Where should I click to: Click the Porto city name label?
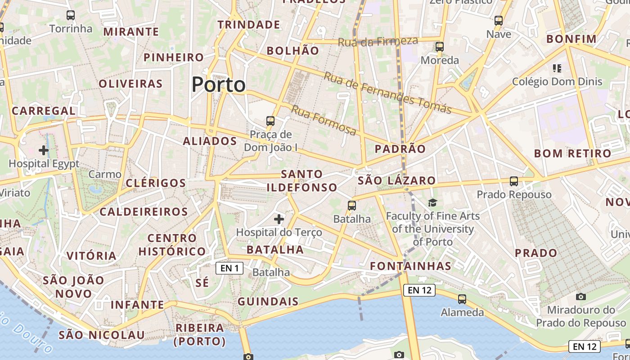coord(219,85)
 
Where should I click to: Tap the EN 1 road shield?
coord(229,269)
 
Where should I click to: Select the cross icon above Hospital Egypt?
coord(44,150)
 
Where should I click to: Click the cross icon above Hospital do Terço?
coord(279,219)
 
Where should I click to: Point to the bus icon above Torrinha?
coord(71,15)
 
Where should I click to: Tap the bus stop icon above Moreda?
coord(440,46)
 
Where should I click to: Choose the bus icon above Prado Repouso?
coord(514,181)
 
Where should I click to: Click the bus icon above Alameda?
coord(462,299)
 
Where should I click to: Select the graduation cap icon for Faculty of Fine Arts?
coord(432,203)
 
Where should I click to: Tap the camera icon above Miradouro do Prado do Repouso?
coord(581,297)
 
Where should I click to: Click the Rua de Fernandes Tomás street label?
coord(387,93)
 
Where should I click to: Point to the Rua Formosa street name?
coord(324,120)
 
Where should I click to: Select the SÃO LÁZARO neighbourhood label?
coord(397,181)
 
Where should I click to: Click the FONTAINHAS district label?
coord(410,266)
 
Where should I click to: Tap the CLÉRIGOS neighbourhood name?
coord(156,183)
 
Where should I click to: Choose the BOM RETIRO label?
coord(573,153)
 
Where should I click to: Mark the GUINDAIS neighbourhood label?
coord(268,301)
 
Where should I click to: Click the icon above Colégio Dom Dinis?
coord(557,68)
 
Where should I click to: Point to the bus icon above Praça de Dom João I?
coord(270,121)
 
